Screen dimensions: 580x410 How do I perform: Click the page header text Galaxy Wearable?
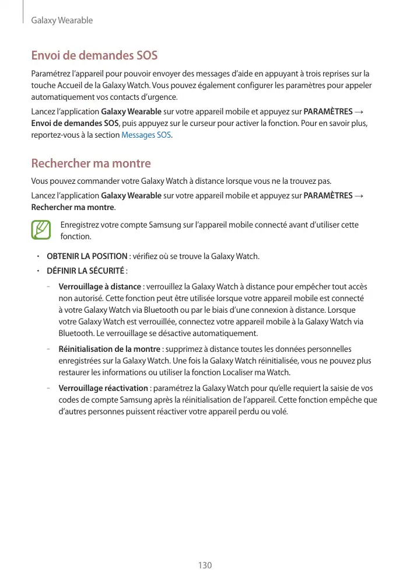pyautogui.click(x=62, y=20)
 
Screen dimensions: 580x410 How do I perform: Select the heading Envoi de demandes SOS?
pyautogui.click(x=94, y=56)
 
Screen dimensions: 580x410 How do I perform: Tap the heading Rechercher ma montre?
pyautogui.click(x=91, y=163)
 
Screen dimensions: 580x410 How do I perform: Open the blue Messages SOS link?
pyautogui.click(x=146, y=135)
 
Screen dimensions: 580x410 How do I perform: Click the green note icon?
pyautogui.click(x=41, y=230)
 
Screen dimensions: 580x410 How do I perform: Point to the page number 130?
pyautogui.click(x=205, y=565)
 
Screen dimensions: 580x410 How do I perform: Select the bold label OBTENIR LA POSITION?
pyautogui.click(x=87, y=256)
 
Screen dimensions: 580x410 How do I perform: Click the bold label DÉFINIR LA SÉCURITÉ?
pyautogui.click(x=85, y=270)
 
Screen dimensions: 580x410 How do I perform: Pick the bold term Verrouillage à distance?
pyautogui.click(x=100, y=286)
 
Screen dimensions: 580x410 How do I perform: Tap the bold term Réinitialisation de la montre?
pyautogui.click(x=110, y=349)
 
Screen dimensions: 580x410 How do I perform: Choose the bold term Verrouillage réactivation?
pyautogui.click(x=103, y=388)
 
